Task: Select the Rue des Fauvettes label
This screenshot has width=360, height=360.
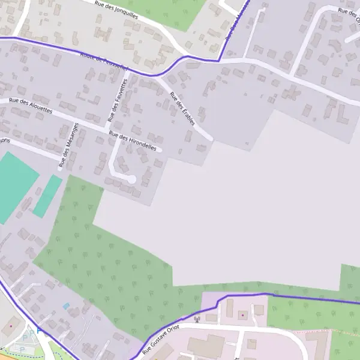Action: [x=113, y=103]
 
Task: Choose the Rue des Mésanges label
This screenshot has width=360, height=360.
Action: [x=68, y=144]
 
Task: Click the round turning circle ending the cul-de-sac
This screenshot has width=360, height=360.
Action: [x=131, y=179]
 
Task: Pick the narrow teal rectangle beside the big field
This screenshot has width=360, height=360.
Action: [x=47, y=196]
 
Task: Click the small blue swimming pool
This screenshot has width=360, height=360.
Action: [x=66, y=306]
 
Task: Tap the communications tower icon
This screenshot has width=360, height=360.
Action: [x=197, y=319]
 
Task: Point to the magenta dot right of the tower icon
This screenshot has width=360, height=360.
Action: [x=242, y=314]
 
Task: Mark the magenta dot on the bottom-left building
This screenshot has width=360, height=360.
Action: [x=10, y=326]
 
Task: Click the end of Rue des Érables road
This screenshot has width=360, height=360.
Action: [x=211, y=139]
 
